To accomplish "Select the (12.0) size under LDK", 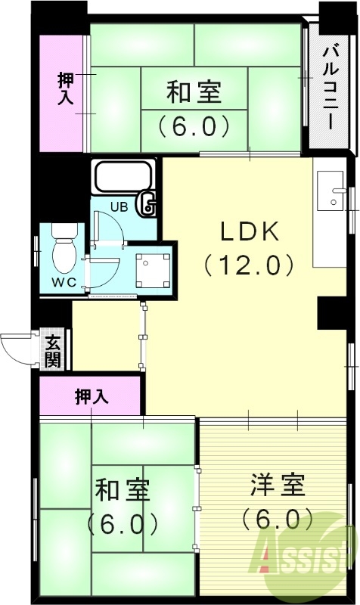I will [x=249, y=265].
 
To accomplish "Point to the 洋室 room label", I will [x=278, y=485].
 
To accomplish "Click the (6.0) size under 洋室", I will [x=278, y=520].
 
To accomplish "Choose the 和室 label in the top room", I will [x=194, y=92].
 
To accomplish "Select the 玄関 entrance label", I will [x=52, y=351].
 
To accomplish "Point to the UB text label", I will [x=119, y=206].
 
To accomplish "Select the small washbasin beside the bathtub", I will [x=148, y=203].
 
